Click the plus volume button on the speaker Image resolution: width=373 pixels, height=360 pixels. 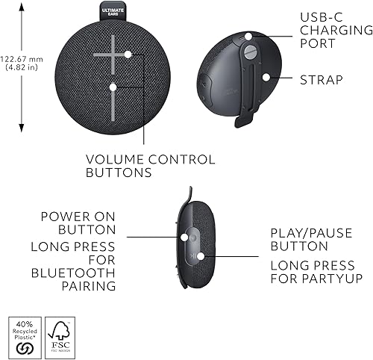point(113,55)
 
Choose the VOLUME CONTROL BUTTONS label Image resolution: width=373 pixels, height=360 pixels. point(150,166)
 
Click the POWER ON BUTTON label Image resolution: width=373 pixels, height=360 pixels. point(78,223)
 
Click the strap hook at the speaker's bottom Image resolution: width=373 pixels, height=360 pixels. point(240,120)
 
